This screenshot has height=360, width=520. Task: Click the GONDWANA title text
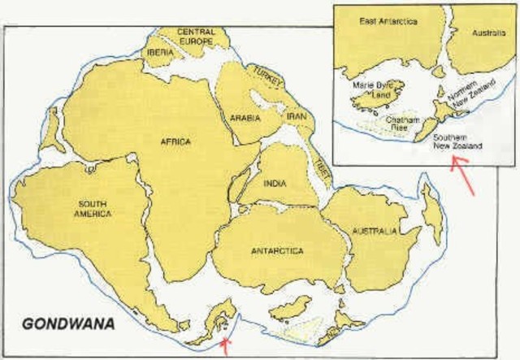point(67,323)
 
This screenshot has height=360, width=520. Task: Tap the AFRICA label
point(176,141)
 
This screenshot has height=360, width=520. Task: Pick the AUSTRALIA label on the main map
point(375,231)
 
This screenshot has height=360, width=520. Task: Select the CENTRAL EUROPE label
point(196,37)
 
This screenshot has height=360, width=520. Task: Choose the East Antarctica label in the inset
point(388,21)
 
